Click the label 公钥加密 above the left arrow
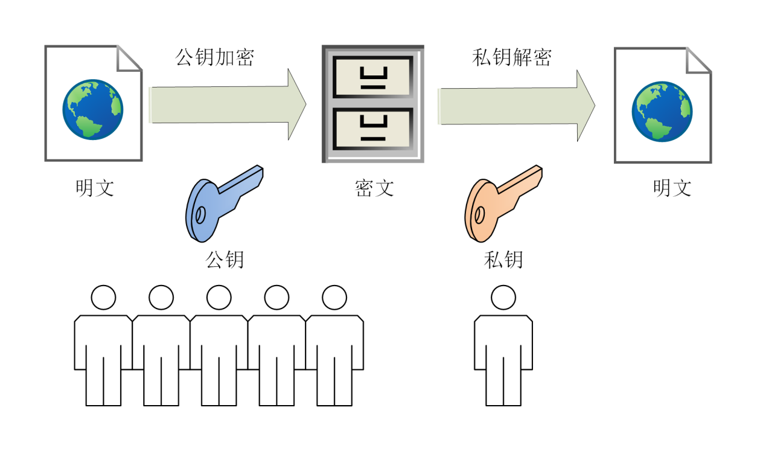pos(214,57)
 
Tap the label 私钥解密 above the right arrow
pos(511,57)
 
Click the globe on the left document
pos(92,109)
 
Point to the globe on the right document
pos(662,112)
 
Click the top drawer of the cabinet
pos(373,77)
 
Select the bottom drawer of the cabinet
pos(373,129)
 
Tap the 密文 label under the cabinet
pos(374,188)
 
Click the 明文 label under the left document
pos(95,188)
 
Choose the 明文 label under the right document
pos(672,188)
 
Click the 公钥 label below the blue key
pos(225,260)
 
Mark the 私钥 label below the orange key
pos(503,260)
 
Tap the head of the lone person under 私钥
pos(503,298)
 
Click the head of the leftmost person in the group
pos(103,298)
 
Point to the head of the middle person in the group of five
pos(219,298)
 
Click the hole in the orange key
pos(479,214)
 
